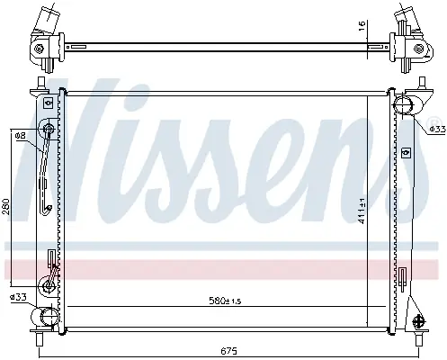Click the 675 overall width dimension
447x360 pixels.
[x=229, y=350]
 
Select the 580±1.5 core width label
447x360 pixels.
[x=225, y=301]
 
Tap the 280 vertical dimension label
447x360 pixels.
[x=6, y=207]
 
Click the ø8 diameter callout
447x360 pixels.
[x=21, y=136]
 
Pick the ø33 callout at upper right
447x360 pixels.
[x=438, y=129]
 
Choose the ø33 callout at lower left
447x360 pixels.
[x=18, y=297]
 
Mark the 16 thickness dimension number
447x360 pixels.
[x=362, y=25]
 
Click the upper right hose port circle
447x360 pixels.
[x=403, y=105]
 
